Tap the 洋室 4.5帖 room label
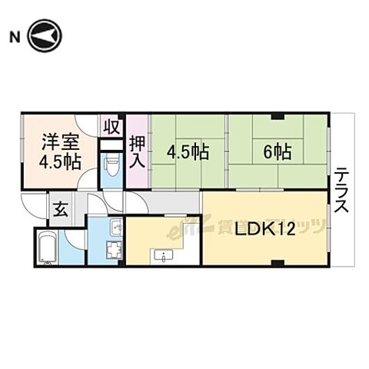point(60,151)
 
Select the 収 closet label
point(111,126)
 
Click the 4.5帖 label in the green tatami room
point(189,152)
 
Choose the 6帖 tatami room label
point(277,152)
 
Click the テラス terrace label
point(343,191)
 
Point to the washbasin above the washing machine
point(115,228)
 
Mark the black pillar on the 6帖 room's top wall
point(277,116)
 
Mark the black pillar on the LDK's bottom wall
point(277,264)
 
